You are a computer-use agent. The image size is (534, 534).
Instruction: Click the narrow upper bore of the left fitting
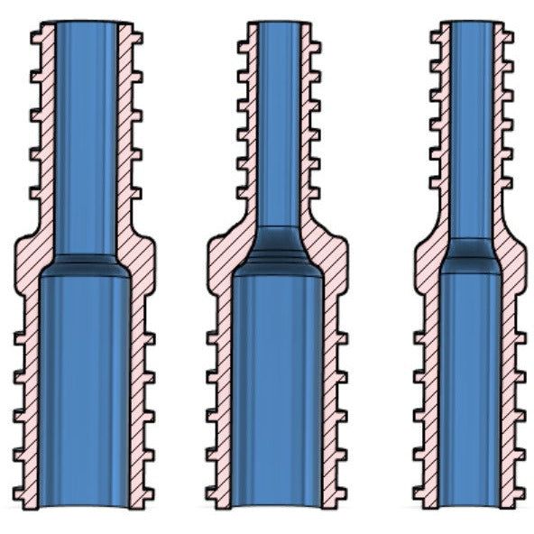click(86, 135)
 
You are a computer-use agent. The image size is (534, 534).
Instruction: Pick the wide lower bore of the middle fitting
click(278, 388)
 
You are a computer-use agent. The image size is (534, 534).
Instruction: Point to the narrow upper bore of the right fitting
click(471, 126)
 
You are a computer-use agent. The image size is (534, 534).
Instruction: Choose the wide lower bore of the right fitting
click(471, 388)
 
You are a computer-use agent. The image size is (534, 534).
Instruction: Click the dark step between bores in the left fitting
click(86, 265)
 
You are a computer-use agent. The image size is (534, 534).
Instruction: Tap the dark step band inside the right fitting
click(471, 255)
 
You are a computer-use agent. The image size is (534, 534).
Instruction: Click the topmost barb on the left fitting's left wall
click(37, 37)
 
